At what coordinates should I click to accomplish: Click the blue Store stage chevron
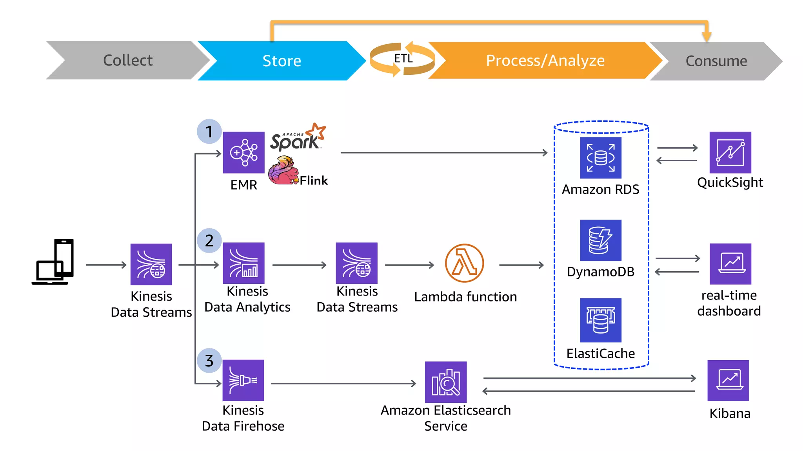click(x=282, y=61)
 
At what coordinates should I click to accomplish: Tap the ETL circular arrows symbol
click(x=403, y=59)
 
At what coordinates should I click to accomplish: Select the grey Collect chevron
click(x=127, y=60)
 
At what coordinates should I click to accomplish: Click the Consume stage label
click(x=716, y=61)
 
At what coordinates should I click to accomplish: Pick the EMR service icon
click(x=243, y=153)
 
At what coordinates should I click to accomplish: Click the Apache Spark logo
click(x=297, y=138)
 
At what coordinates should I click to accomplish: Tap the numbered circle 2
click(x=209, y=240)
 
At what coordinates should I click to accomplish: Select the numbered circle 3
click(x=209, y=361)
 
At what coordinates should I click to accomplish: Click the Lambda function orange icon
click(x=464, y=263)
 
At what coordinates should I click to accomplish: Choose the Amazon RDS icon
click(x=600, y=158)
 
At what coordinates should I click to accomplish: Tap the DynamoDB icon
click(x=600, y=240)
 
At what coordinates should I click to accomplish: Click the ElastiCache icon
click(x=600, y=320)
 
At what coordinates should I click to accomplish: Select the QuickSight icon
click(x=730, y=153)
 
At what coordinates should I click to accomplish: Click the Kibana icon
click(x=728, y=381)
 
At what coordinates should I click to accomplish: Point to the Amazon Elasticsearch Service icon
click(x=446, y=382)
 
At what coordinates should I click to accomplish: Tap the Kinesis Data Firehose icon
click(x=243, y=380)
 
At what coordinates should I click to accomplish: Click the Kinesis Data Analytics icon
click(x=243, y=263)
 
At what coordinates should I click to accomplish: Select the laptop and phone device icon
click(x=53, y=262)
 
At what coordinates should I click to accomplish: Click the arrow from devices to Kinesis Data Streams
click(x=106, y=265)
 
